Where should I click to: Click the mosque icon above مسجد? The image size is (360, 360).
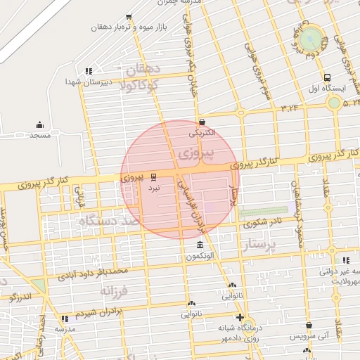pos(39,124)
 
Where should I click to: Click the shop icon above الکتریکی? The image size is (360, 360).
pos(202,122)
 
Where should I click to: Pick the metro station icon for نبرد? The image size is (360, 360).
pos(154,178)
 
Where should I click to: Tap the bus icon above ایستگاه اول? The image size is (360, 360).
pos(326,78)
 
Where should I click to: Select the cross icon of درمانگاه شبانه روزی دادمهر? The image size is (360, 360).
pos(240,317)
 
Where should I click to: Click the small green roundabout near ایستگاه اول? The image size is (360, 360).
pos(334,103)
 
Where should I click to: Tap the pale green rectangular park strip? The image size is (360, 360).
pos(263,211)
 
